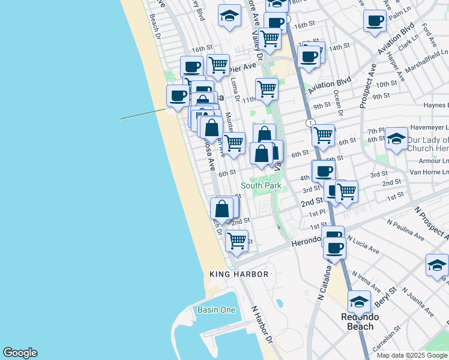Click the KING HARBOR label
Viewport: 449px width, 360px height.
click(239, 274)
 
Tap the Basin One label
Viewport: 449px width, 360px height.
click(216, 310)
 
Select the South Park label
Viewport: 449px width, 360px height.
click(261, 186)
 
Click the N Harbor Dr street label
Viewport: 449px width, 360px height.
click(261, 323)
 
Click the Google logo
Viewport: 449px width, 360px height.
click(20, 353)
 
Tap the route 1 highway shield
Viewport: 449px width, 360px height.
click(310, 123)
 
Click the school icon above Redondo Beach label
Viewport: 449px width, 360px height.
click(359, 301)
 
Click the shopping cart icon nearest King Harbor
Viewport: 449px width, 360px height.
click(237, 240)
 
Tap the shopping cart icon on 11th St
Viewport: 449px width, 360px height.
click(267, 89)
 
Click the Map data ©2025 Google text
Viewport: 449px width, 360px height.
click(412, 355)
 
